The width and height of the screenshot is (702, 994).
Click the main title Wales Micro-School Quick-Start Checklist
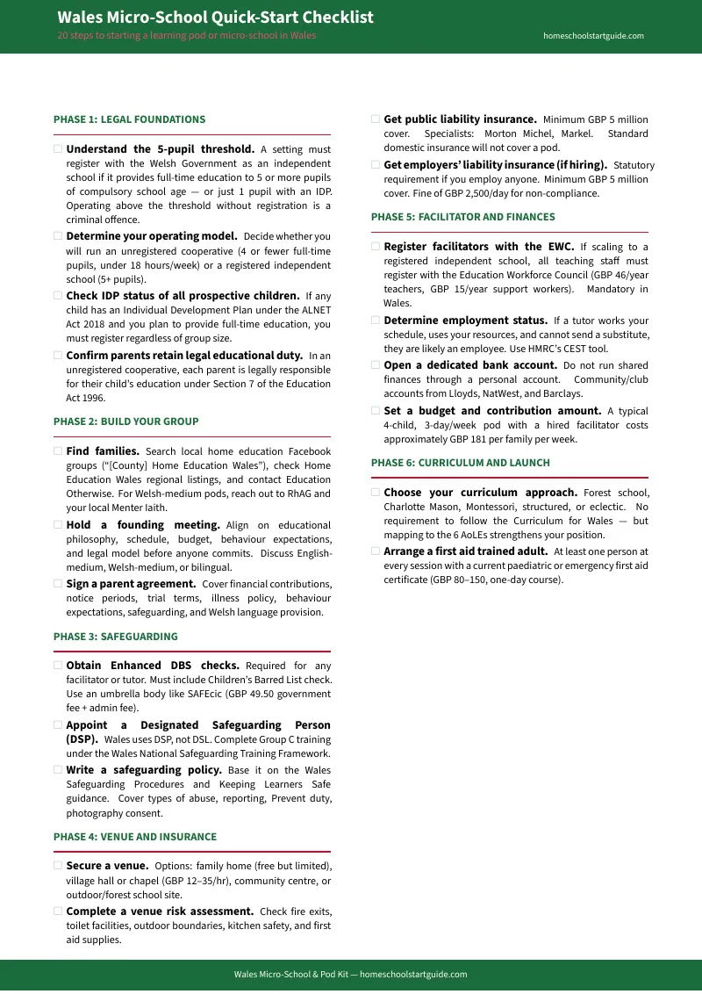[215, 18]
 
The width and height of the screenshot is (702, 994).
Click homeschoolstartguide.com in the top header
[593, 36]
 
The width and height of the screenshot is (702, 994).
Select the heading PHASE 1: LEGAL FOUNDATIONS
[129, 119]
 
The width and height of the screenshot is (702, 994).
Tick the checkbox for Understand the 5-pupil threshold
[58, 149]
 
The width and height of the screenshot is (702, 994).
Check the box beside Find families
[58, 451]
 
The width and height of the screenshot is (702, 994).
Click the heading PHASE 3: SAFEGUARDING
[115, 637]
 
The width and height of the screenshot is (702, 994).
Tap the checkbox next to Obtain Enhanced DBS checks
[58, 666]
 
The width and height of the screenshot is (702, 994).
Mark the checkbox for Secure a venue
[58, 866]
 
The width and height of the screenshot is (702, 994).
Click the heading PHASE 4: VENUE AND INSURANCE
[134, 837]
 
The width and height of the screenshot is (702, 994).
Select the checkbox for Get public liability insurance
[376, 119]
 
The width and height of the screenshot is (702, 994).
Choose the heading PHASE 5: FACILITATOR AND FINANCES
[462, 217]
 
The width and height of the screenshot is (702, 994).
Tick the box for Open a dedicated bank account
[376, 365]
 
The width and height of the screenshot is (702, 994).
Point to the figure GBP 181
[475, 439]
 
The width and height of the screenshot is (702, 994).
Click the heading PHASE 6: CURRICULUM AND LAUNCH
[460, 463]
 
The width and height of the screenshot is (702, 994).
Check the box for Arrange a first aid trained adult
[376, 552]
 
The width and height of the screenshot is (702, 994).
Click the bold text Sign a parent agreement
[131, 584]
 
